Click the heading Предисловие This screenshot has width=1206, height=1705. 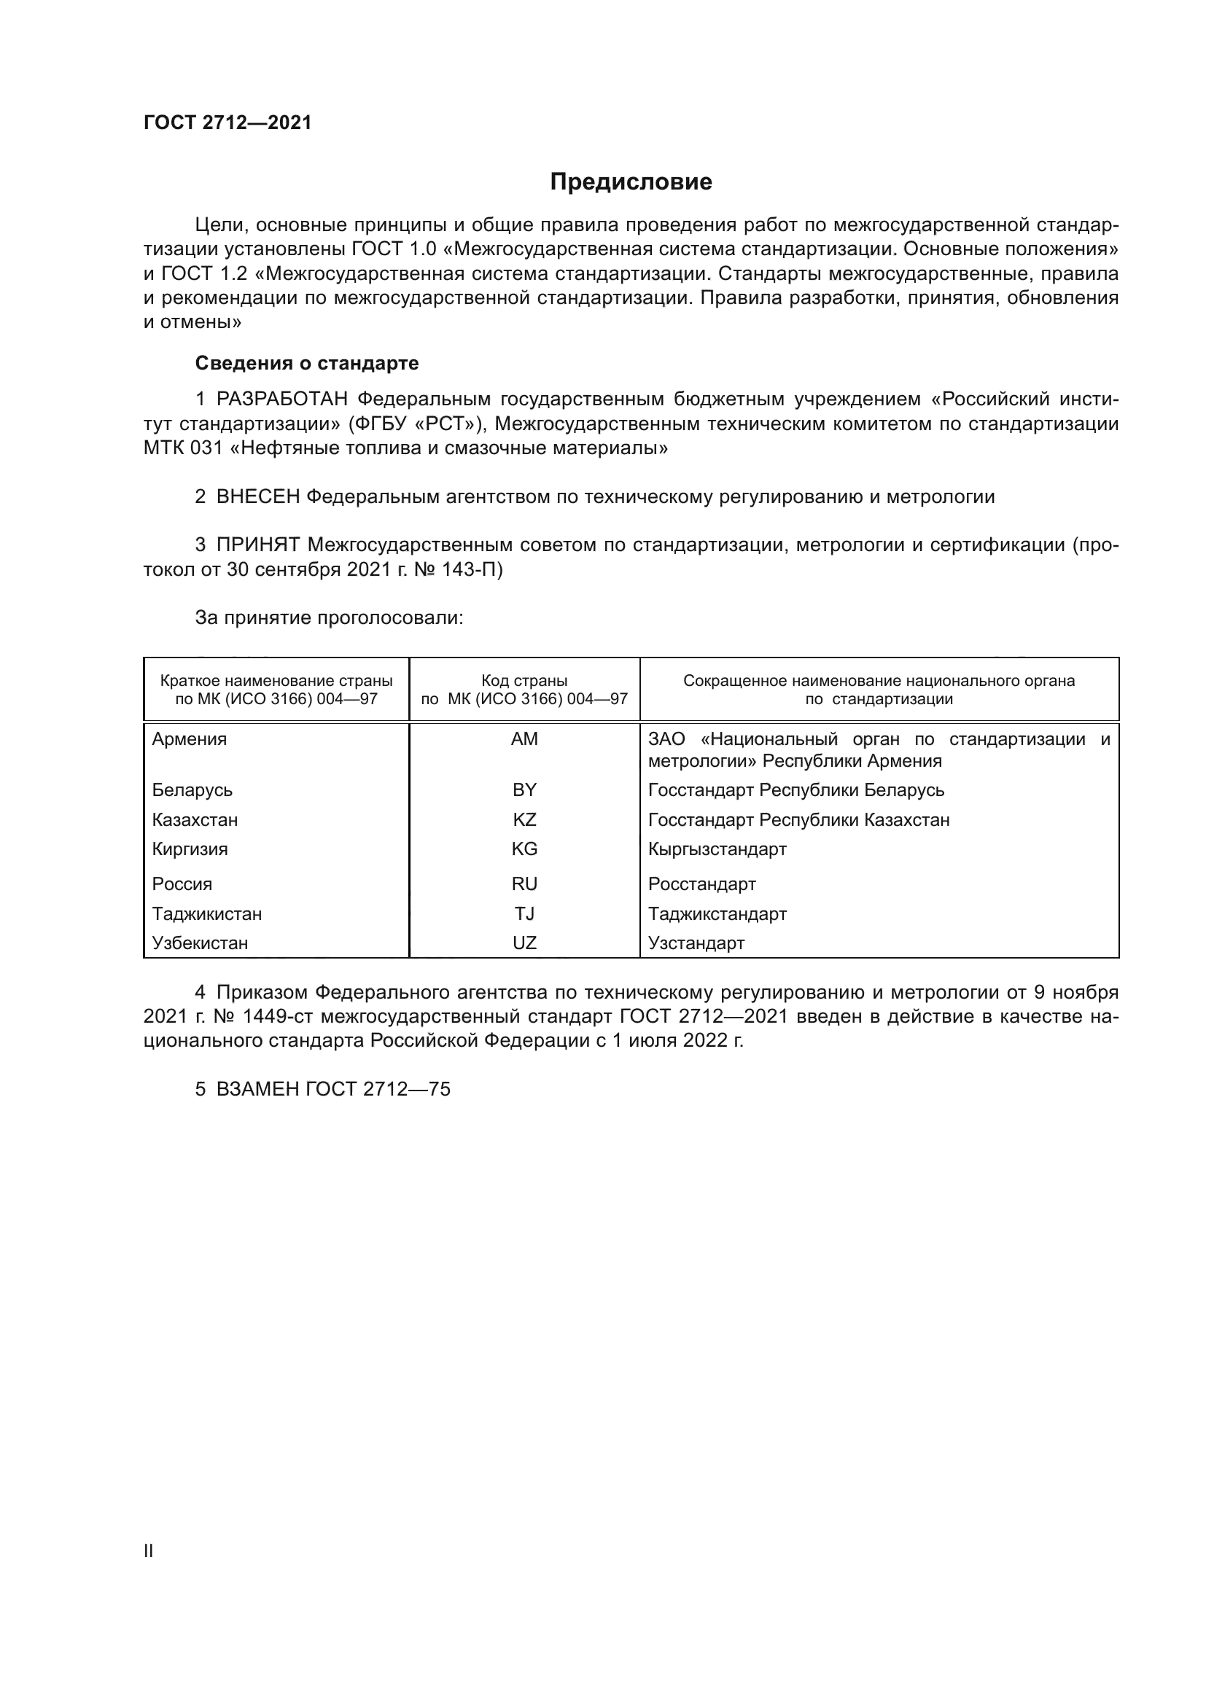[631, 182]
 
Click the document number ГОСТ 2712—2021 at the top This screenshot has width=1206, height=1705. [227, 122]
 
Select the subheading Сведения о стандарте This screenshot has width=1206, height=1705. [307, 363]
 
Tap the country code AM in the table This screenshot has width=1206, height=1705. [524, 739]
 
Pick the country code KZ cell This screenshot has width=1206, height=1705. [524, 820]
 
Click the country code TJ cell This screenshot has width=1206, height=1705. [524, 913]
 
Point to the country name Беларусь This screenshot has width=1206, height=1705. [192, 790]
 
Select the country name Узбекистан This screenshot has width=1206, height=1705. [200, 943]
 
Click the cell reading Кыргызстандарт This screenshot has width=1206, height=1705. [717, 848]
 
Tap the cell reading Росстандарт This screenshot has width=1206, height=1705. [701, 883]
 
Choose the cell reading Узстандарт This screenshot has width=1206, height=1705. [696, 943]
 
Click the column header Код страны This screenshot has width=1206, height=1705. [524, 681]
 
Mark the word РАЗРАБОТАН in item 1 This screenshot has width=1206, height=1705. [281, 399]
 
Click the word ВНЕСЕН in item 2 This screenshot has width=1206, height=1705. [257, 497]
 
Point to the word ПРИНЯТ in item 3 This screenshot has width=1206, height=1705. [257, 545]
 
